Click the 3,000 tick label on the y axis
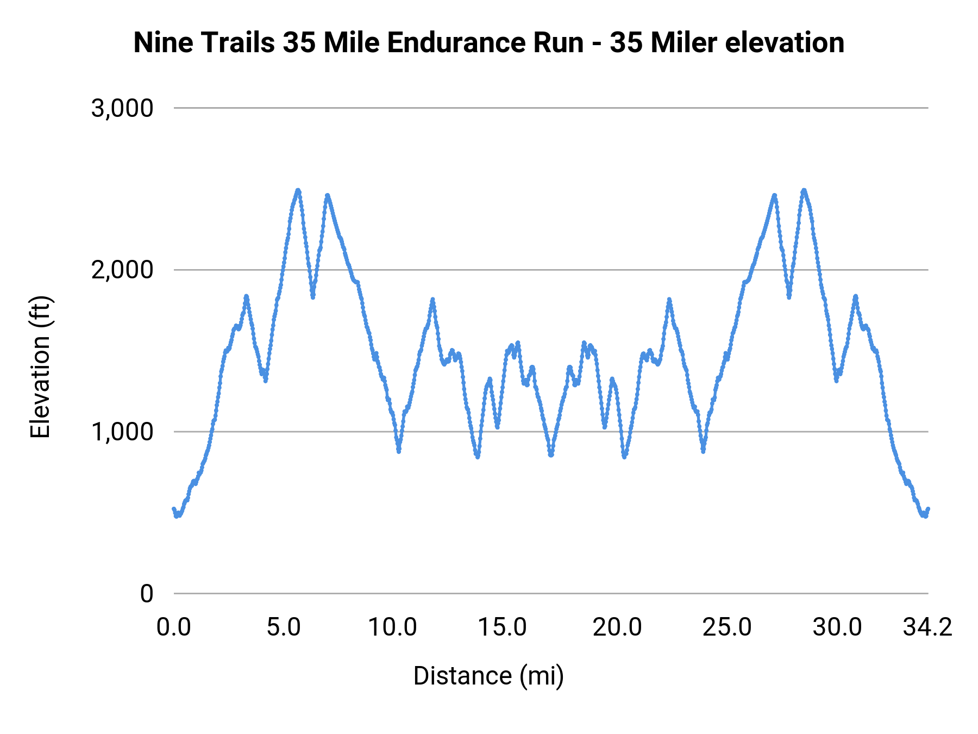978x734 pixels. click(x=122, y=108)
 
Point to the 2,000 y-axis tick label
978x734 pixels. click(x=122, y=270)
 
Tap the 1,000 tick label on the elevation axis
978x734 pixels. click(x=122, y=432)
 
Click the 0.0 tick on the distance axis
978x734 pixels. click(x=174, y=627)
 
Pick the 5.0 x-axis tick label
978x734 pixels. click(x=284, y=627)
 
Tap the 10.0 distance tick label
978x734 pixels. click(x=392, y=627)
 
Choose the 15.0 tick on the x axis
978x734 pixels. click(x=502, y=627)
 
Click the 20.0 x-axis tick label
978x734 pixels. click(x=617, y=627)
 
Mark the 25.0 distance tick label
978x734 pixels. click(x=727, y=627)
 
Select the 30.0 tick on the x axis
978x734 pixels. click(x=837, y=627)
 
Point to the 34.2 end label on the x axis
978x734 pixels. click(x=927, y=627)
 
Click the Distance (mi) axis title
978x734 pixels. click(x=488, y=676)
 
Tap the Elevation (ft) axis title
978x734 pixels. click(x=40, y=366)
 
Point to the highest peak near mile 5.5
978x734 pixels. click(x=298, y=190)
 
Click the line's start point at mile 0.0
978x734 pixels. click(x=174, y=509)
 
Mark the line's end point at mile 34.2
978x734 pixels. click(x=928, y=509)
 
